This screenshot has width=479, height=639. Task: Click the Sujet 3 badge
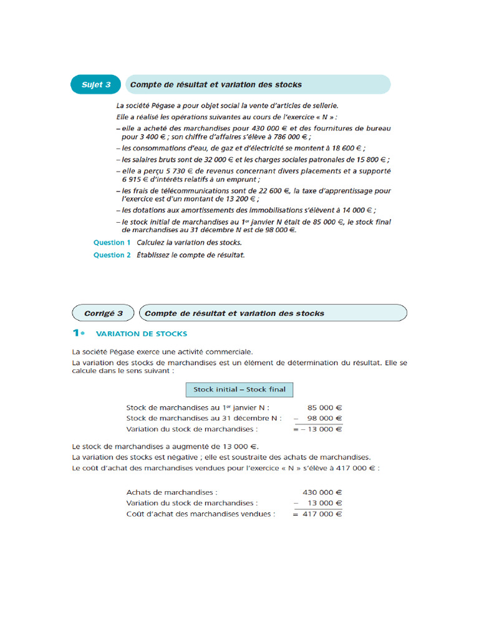pos(96,85)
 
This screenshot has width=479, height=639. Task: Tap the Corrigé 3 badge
pos(104,313)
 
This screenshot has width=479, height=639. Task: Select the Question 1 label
pos(112,243)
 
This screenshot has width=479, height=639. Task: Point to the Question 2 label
pos(112,255)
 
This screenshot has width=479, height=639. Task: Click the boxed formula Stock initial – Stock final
pos(239,389)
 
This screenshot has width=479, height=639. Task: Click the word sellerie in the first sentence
pos(324,105)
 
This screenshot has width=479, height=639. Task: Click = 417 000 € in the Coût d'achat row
pos(317,514)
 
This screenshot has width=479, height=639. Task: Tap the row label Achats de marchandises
pos(172,492)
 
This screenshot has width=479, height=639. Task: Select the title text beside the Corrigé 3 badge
pos(235,313)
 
